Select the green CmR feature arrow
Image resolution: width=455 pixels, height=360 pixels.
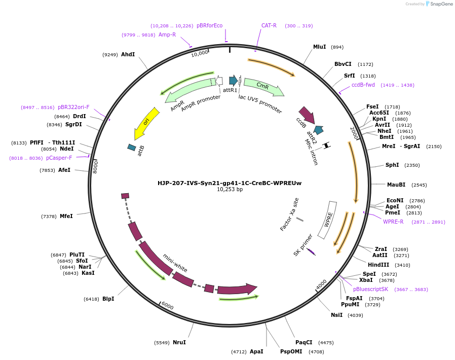[x=263, y=86]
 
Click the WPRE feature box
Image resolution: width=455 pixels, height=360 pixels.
[x=328, y=220]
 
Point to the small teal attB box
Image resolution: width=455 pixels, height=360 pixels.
[x=132, y=147]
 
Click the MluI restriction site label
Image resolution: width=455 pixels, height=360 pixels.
[x=319, y=47]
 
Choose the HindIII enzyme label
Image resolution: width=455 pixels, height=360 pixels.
[x=378, y=265]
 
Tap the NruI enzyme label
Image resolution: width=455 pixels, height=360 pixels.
[x=179, y=342]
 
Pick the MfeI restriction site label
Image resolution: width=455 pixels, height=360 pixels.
[x=66, y=216]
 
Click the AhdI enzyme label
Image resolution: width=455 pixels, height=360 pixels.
[x=128, y=54]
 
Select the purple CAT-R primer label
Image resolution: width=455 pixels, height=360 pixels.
[x=269, y=25]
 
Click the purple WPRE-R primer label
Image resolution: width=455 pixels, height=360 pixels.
[x=393, y=222]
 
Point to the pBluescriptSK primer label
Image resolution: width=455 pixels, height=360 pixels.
[x=370, y=289]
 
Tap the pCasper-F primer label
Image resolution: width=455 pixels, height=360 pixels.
[x=59, y=158]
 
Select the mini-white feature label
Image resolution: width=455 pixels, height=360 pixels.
[x=175, y=263]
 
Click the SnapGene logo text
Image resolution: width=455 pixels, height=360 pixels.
[x=441, y=4]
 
